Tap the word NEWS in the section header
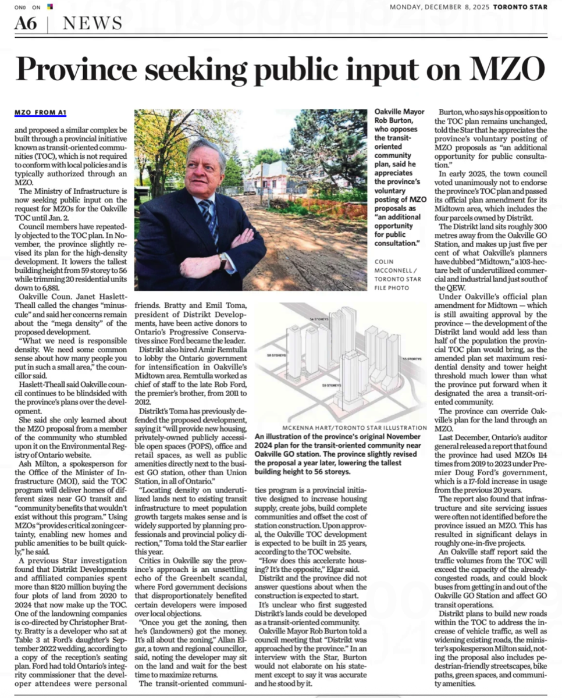pyautogui.click(x=93, y=24)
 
